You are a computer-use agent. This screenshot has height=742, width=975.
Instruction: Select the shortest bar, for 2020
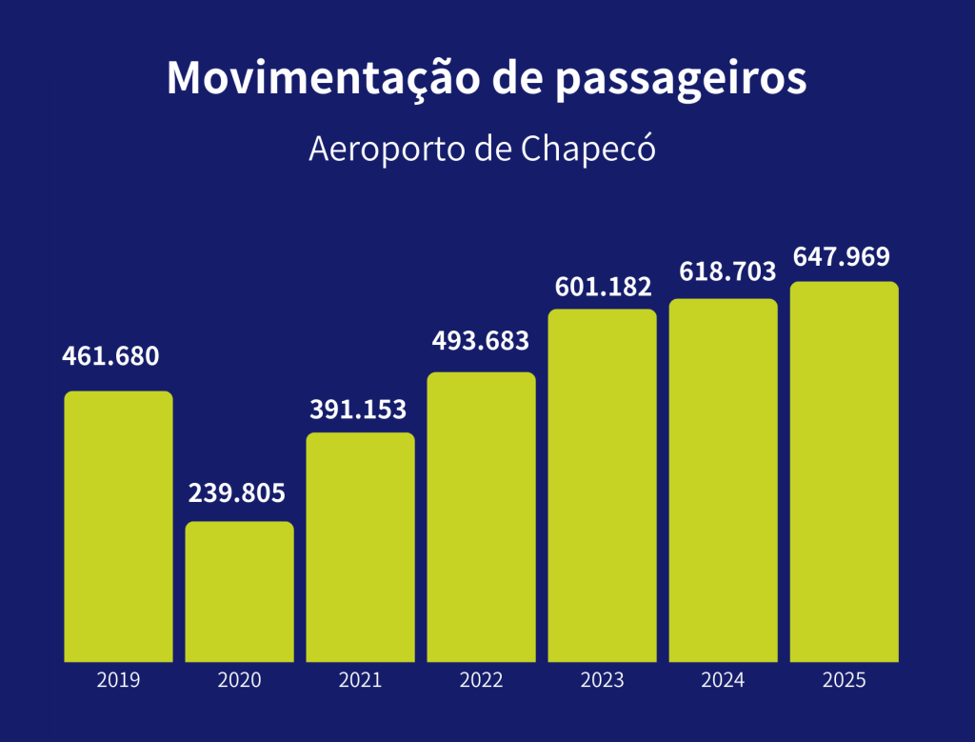pyautogui.click(x=239, y=592)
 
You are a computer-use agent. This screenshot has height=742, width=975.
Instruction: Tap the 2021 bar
pyautogui.click(x=360, y=547)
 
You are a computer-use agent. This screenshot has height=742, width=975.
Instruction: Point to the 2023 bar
pyautogui.click(x=602, y=485)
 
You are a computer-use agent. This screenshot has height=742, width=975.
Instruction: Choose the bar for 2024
pyautogui.click(x=723, y=480)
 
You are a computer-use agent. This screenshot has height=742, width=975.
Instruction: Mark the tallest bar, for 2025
pyautogui.click(x=844, y=471)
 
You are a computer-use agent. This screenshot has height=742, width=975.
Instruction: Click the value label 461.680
pyautogui.click(x=110, y=356)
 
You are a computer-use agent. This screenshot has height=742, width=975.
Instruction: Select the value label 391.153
pyautogui.click(x=358, y=410)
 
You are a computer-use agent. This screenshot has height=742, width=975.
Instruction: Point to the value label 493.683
pyautogui.click(x=480, y=339)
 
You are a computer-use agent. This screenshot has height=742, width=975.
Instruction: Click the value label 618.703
pyautogui.click(x=727, y=271)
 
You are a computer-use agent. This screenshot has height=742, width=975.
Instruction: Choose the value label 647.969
pyautogui.click(x=842, y=257)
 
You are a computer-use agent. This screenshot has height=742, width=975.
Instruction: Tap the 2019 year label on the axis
pyautogui.click(x=118, y=680)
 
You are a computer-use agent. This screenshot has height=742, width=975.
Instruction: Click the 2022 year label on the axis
pyautogui.click(x=481, y=680)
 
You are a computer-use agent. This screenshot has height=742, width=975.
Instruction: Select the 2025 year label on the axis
pyautogui.click(x=844, y=680)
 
